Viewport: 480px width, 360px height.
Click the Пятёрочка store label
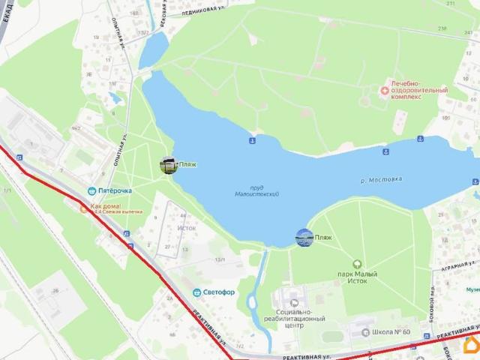click(x=114, y=190)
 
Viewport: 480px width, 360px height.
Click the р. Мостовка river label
click(x=381, y=180)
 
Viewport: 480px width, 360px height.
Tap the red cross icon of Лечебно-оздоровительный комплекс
click(x=385, y=91)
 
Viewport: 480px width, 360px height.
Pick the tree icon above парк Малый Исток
click(x=357, y=264)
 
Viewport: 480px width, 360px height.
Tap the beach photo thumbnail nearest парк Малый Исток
click(x=304, y=238)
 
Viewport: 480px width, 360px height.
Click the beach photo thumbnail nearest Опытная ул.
click(x=169, y=165)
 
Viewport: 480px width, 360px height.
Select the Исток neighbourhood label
click(x=186, y=227)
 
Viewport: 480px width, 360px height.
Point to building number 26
click(x=55, y=290)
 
